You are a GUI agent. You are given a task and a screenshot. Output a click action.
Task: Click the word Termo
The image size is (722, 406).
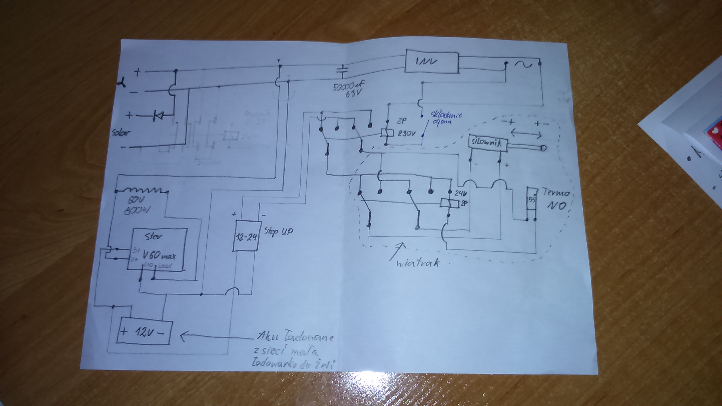tap(556, 193)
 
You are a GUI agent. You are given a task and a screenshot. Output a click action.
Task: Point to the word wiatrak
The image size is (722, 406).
tap(418, 263)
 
